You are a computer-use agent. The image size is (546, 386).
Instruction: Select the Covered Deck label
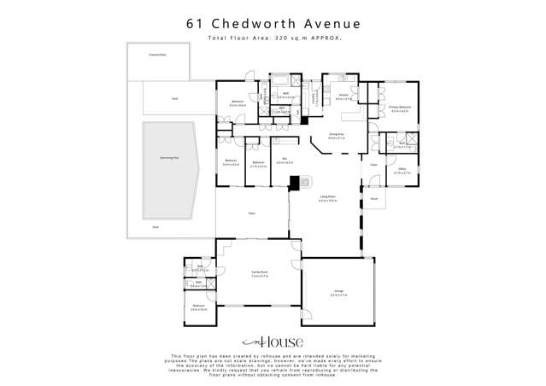click(158, 54)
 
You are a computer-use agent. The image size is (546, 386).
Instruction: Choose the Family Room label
click(260, 274)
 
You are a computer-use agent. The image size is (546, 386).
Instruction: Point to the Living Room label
click(328, 197)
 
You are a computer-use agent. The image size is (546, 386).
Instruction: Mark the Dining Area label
click(336, 134)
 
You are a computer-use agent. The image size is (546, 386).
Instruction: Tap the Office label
click(402, 169)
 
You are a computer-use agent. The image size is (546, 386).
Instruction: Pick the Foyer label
click(374, 164)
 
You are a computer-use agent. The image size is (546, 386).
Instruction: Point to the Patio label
click(252, 213)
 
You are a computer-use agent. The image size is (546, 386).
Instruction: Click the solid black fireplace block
click(295, 182)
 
